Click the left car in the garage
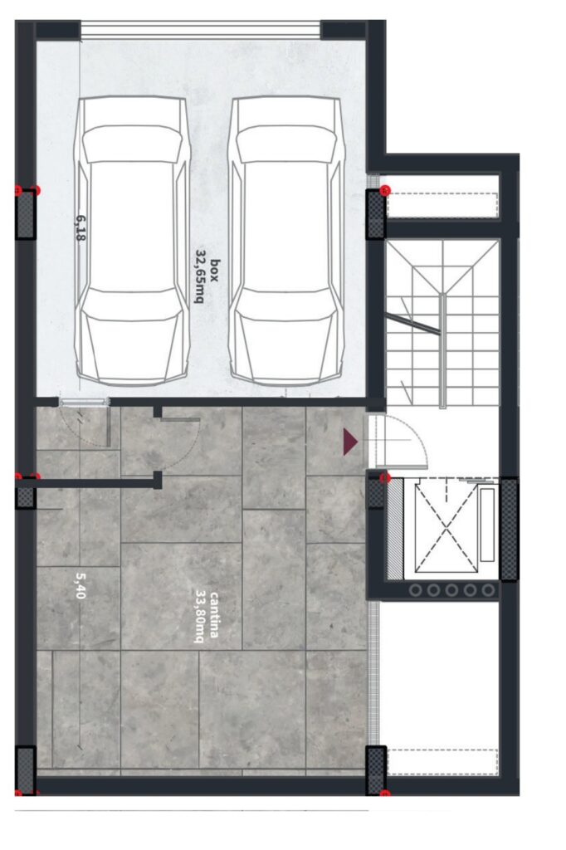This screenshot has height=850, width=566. [133, 242]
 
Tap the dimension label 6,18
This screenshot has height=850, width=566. [81, 227]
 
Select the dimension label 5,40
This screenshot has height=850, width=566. [81, 585]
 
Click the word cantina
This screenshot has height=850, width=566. [214, 615]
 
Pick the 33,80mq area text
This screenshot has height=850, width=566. [200, 617]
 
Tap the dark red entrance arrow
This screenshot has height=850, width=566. [350, 442]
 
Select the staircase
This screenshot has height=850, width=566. [442, 323]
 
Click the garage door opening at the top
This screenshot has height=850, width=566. [201, 29]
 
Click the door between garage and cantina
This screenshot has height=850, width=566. [84, 402]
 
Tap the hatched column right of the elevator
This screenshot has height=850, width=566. [509, 529]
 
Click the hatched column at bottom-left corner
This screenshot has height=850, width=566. [25, 769]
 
